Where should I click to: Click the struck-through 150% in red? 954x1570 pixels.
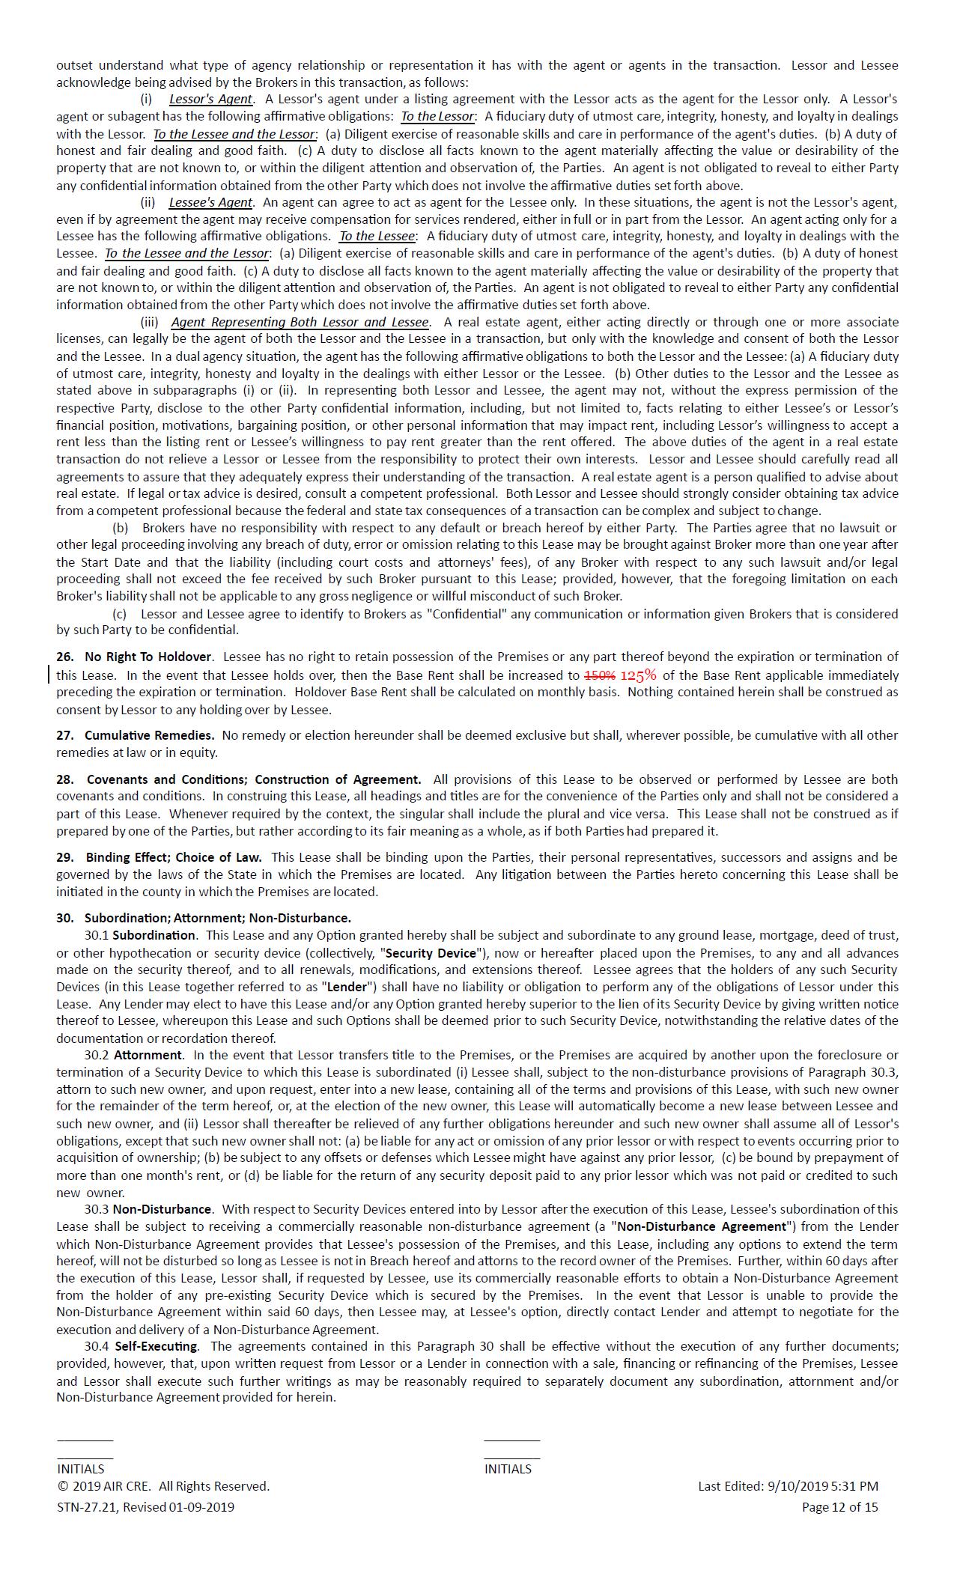pyautogui.click(x=599, y=675)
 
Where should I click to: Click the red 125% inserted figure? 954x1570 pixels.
pyautogui.click(x=638, y=675)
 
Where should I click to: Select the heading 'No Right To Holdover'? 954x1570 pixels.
pyautogui.click(x=148, y=657)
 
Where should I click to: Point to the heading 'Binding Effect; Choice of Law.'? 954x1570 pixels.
pyautogui.click(x=173, y=857)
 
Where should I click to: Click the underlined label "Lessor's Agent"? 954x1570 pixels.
pyautogui.click(x=211, y=99)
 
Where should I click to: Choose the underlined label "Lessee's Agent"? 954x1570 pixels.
pyautogui.click(x=211, y=202)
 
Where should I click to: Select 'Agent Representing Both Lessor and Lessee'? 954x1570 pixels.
pyautogui.click(x=300, y=322)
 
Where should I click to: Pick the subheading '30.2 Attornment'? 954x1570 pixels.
pyautogui.click(x=133, y=1055)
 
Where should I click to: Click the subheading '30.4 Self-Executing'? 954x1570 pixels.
pyautogui.click(x=142, y=1346)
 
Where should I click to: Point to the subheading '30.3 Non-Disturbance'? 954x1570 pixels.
pyautogui.click(x=148, y=1209)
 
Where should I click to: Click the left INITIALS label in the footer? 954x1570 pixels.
pyautogui.click(x=81, y=1469)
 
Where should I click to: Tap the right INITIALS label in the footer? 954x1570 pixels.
pyautogui.click(x=508, y=1469)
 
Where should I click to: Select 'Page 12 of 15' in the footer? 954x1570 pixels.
pyautogui.click(x=839, y=1507)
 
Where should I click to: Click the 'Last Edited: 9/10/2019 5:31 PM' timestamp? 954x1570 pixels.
pyautogui.click(x=788, y=1486)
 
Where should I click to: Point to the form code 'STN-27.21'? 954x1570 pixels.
pyautogui.click(x=85, y=1507)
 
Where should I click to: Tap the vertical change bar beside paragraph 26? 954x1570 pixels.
pyautogui.click(x=50, y=674)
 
